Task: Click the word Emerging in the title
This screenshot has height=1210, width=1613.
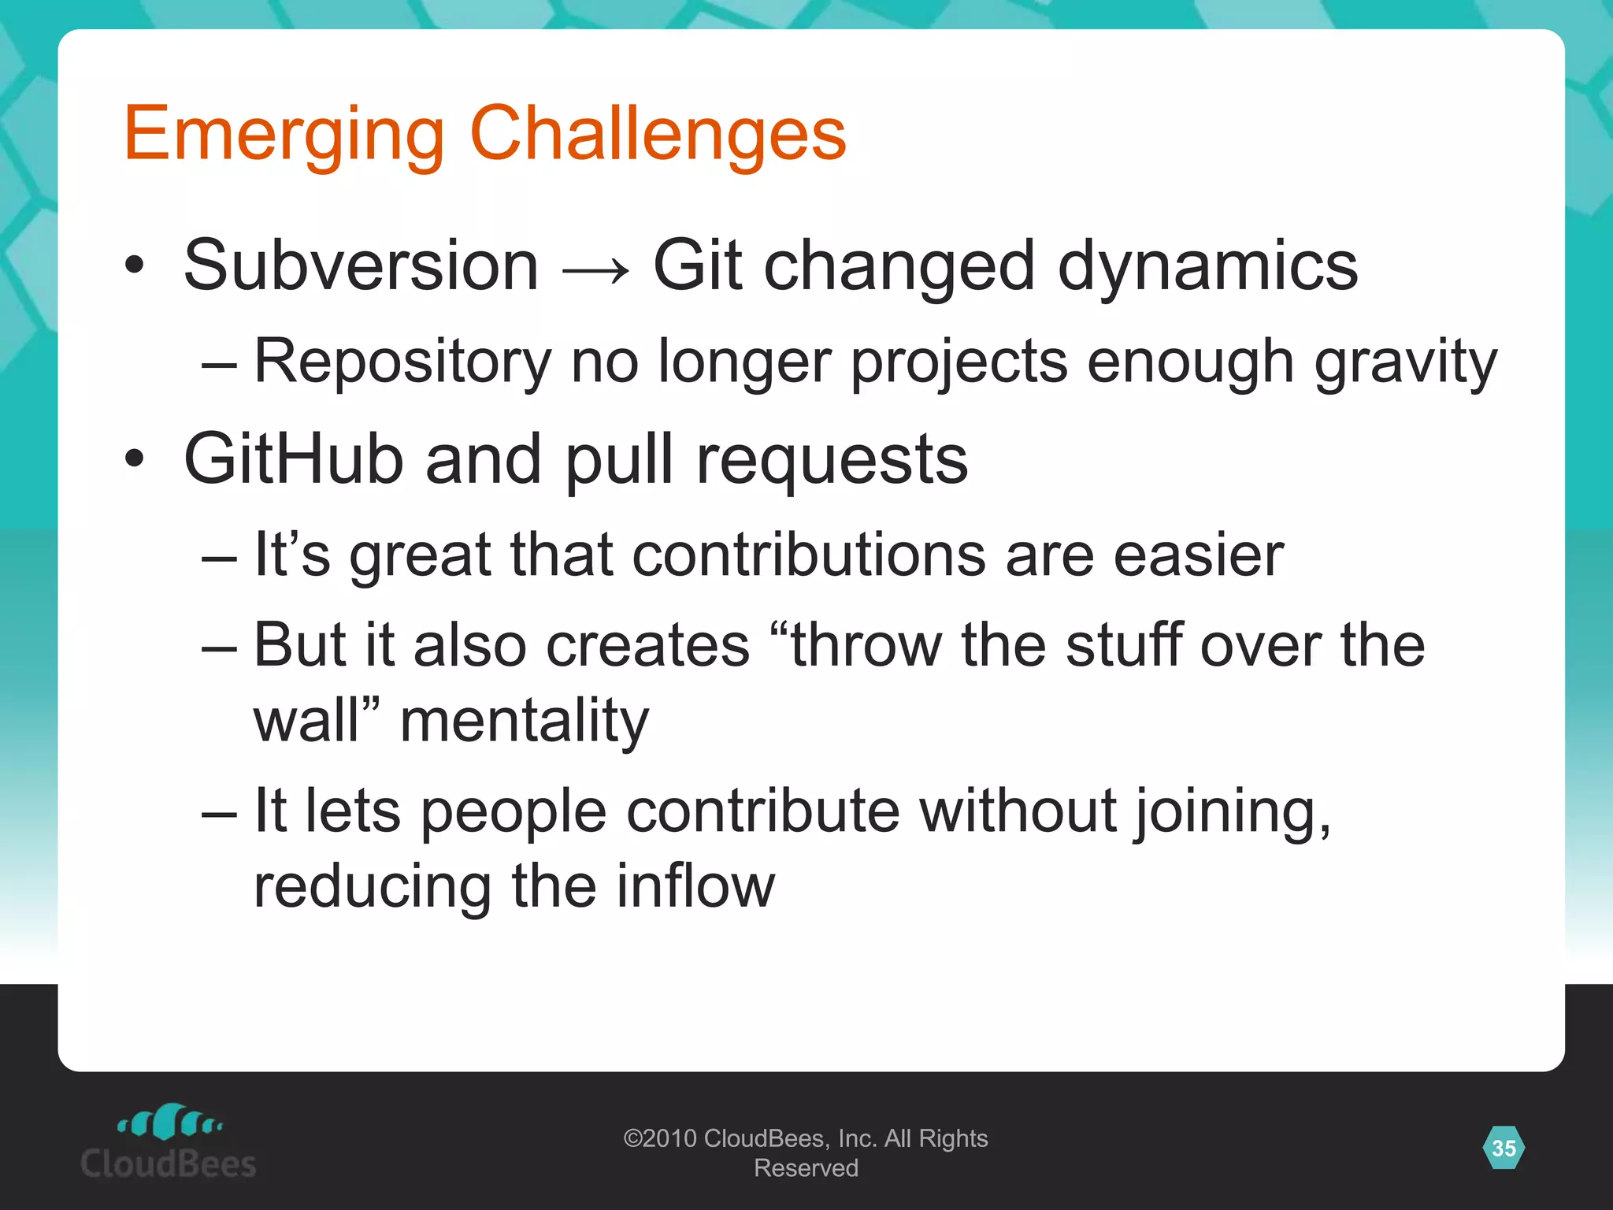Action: pos(284,135)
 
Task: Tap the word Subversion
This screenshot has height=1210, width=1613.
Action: pos(361,266)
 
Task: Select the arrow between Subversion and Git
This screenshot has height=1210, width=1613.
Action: pos(595,270)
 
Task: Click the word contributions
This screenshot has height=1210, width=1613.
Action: pos(808,555)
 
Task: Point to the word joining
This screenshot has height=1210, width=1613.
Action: pos(1233,812)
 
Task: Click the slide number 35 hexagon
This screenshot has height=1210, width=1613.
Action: pos(1504,1148)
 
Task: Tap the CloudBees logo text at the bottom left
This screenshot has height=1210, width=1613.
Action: pos(168,1164)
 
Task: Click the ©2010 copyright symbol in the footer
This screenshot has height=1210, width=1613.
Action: pos(632,1138)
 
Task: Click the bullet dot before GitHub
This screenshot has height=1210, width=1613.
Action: pos(135,458)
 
